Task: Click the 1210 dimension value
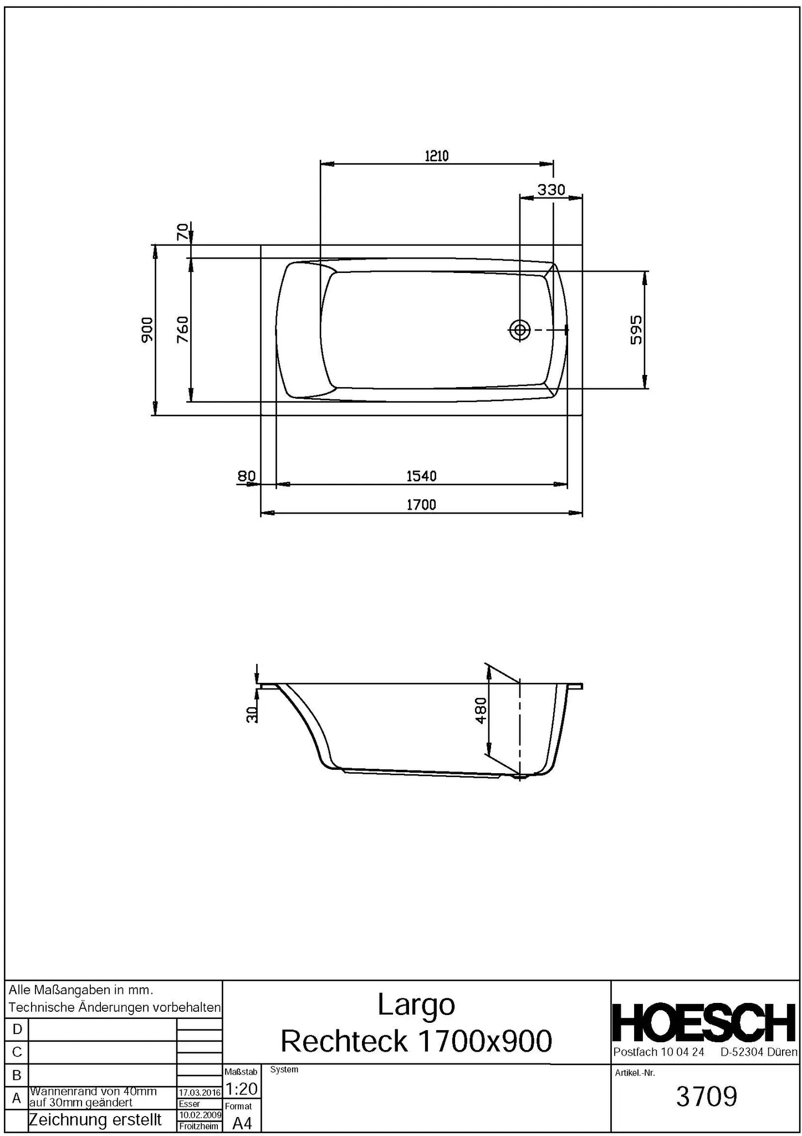(436, 156)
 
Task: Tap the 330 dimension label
(551, 190)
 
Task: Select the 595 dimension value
(636, 329)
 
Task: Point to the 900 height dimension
(147, 329)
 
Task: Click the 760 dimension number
(182, 329)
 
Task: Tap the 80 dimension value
(246, 476)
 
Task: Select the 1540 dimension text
(421, 476)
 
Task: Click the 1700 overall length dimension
(421, 505)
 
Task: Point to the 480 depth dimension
(481, 710)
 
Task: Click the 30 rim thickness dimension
(252, 714)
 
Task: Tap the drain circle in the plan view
(519, 330)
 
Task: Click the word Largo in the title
(416, 1005)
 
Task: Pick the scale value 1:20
(242, 1088)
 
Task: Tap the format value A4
(242, 1123)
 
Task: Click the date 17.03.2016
(200, 1092)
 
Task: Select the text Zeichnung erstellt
(95, 1120)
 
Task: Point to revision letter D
(17, 1029)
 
